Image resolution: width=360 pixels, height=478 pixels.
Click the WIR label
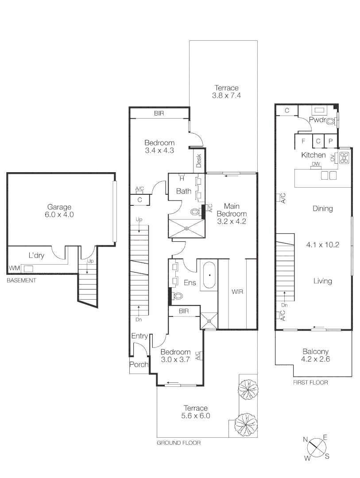[x=237, y=292]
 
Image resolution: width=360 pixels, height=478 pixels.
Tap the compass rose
[x=316, y=448]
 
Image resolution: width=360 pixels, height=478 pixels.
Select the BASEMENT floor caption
[x=21, y=281]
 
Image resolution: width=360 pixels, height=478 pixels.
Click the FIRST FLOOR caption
[x=310, y=382]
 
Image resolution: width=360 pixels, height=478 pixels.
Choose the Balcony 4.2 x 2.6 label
[x=314, y=356]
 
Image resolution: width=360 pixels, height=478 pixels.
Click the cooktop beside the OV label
[x=345, y=158]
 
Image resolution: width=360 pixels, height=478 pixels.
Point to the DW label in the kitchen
[x=315, y=164]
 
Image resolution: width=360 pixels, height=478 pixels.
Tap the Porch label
[x=138, y=365]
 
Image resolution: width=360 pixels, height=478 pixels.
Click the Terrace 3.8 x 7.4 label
[x=226, y=92]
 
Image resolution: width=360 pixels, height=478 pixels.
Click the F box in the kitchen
[x=303, y=142]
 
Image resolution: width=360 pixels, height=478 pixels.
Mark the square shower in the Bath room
[x=187, y=228]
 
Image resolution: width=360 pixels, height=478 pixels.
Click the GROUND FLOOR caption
[x=179, y=443]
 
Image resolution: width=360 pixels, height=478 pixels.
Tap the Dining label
[x=322, y=208]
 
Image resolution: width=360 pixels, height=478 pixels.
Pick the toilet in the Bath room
[x=194, y=212]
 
